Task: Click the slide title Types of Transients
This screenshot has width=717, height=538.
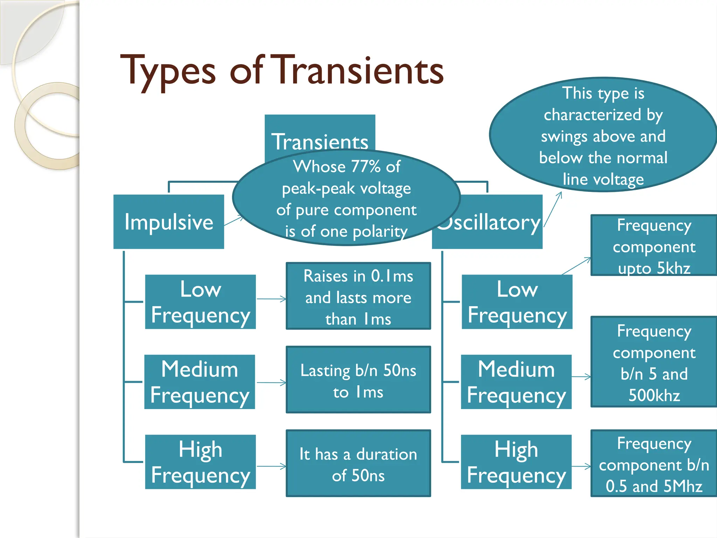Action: [282, 71]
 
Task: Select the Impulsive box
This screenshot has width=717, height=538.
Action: [168, 222]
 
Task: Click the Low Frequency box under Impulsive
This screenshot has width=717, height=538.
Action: [200, 302]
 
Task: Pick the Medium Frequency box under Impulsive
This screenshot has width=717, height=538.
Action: [200, 382]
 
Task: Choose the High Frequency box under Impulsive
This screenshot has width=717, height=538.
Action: [200, 462]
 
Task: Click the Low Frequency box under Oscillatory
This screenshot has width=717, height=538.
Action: [517, 302]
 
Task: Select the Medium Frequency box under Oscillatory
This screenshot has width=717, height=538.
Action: [516, 382]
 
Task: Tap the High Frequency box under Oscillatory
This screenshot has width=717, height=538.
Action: [516, 462]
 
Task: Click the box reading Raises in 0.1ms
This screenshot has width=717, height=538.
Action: [358, 296]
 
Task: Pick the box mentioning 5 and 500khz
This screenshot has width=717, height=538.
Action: [654, 362]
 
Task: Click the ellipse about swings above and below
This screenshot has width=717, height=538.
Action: [603, 135]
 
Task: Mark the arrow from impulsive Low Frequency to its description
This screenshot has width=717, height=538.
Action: [271, 299]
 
